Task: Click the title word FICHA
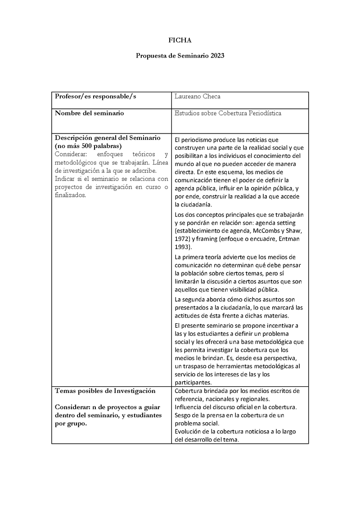[x=180, y=40]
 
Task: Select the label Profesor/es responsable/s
[x=95, y=97]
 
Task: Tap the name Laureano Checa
[x=198, y=97]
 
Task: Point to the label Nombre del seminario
[x=89, y=113]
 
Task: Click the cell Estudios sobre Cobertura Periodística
[x=228, y=113]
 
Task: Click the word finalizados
[x=70, y=195]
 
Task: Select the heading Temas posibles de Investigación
[x=105, y=390]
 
